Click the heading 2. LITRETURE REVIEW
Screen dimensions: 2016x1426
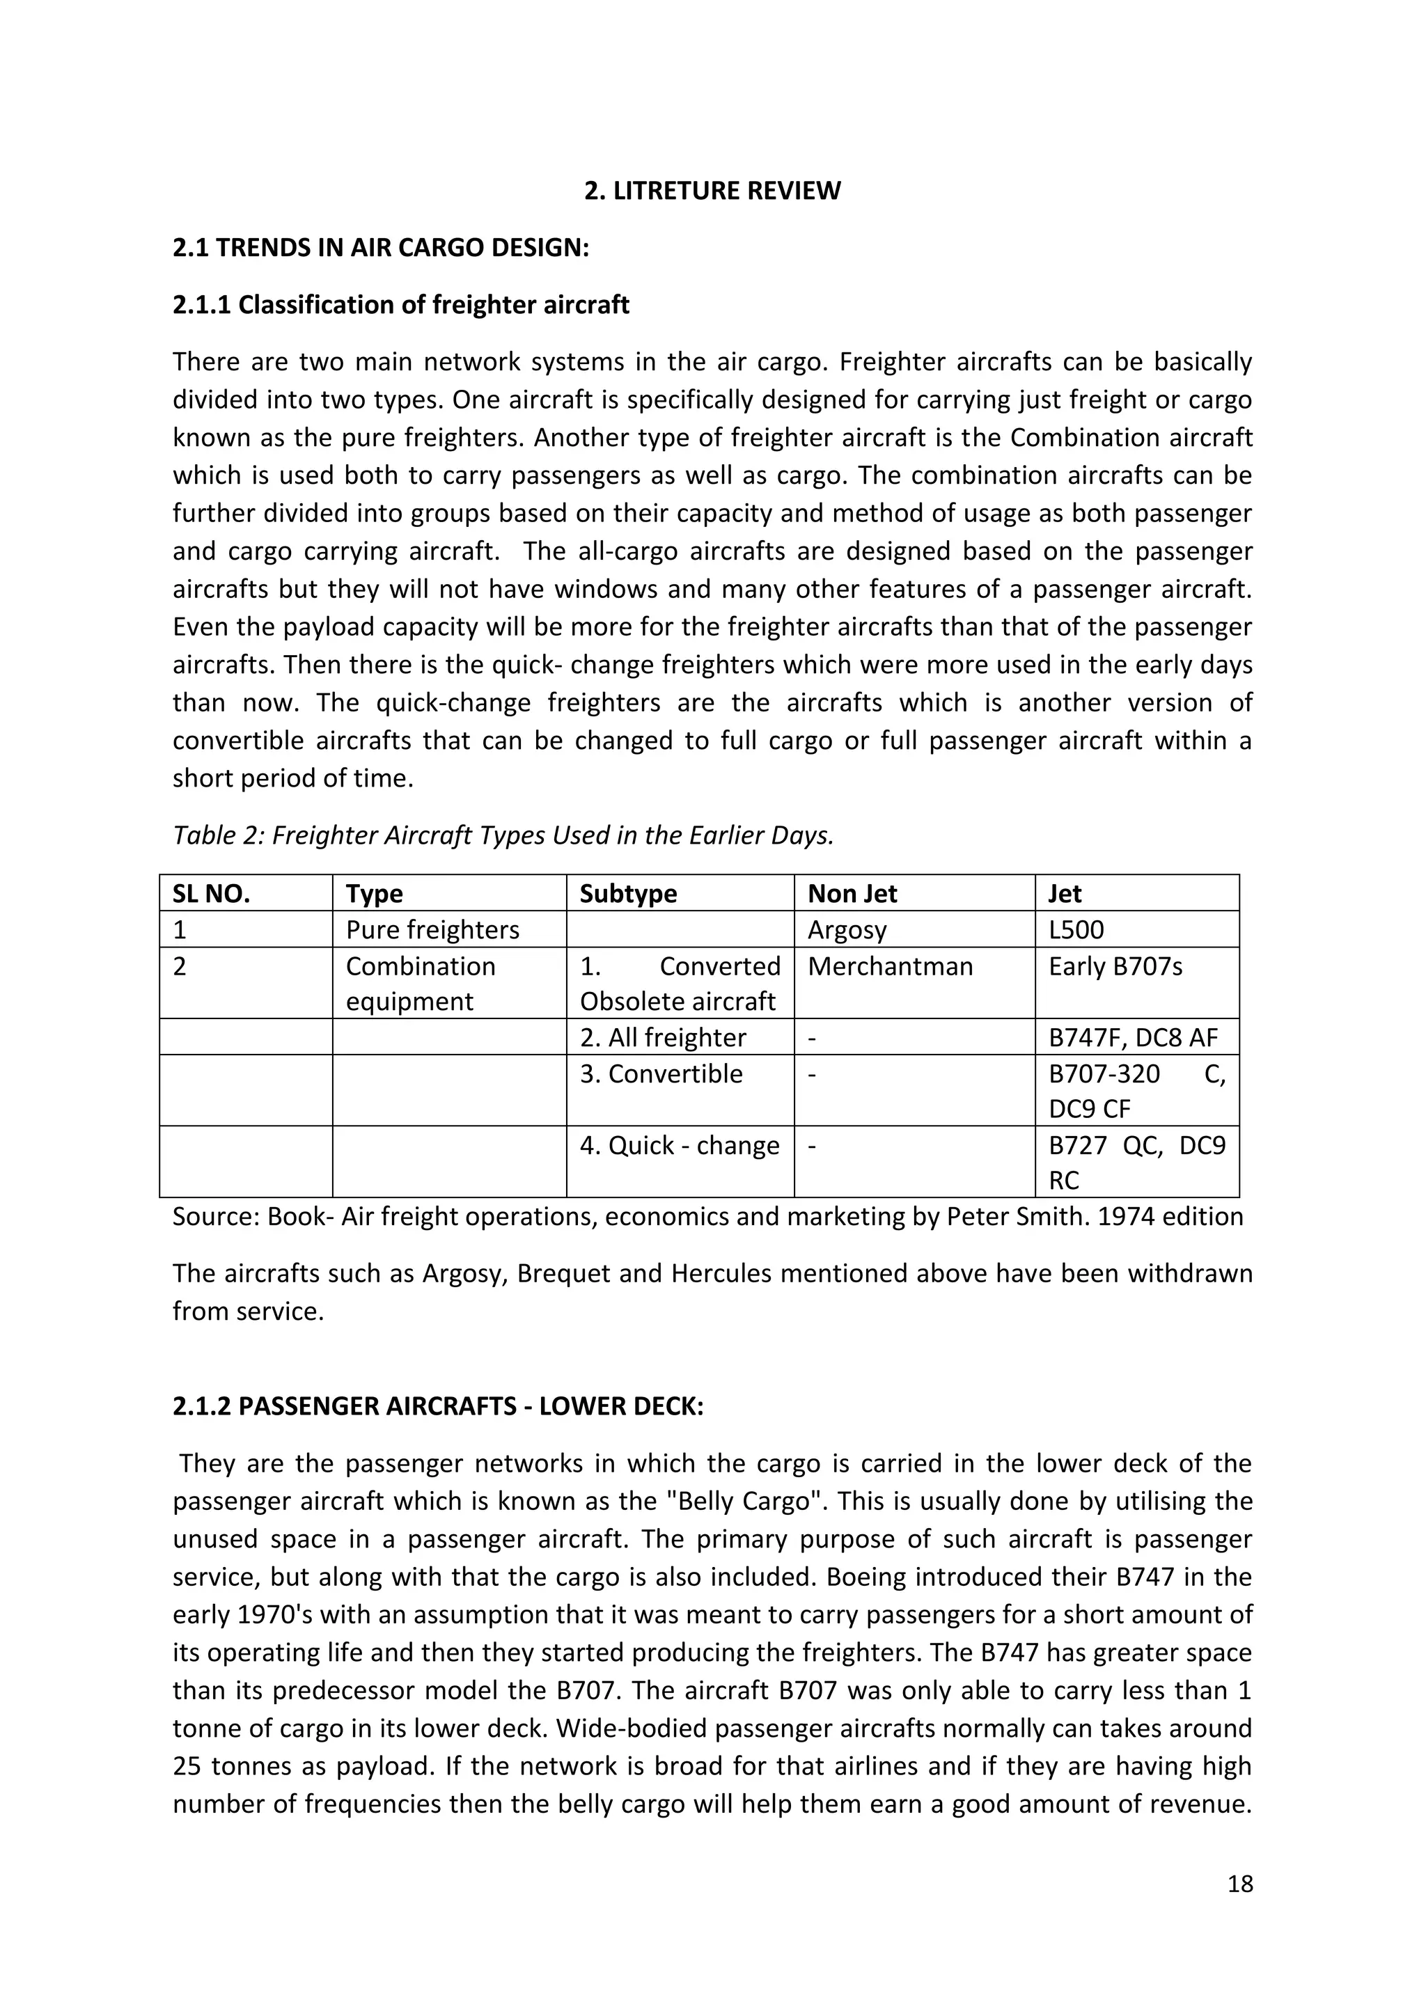tap(712, 191)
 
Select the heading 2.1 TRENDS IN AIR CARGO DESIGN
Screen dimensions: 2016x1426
tap(380, 248)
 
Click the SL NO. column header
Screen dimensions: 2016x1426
tap(211, 893)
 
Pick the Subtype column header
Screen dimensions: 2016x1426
tap(628, 893)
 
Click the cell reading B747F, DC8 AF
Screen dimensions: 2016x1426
tap(1133, 1037)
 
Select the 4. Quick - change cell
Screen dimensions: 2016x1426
tap(679, 1145)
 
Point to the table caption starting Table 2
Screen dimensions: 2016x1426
tap(502, 835)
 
